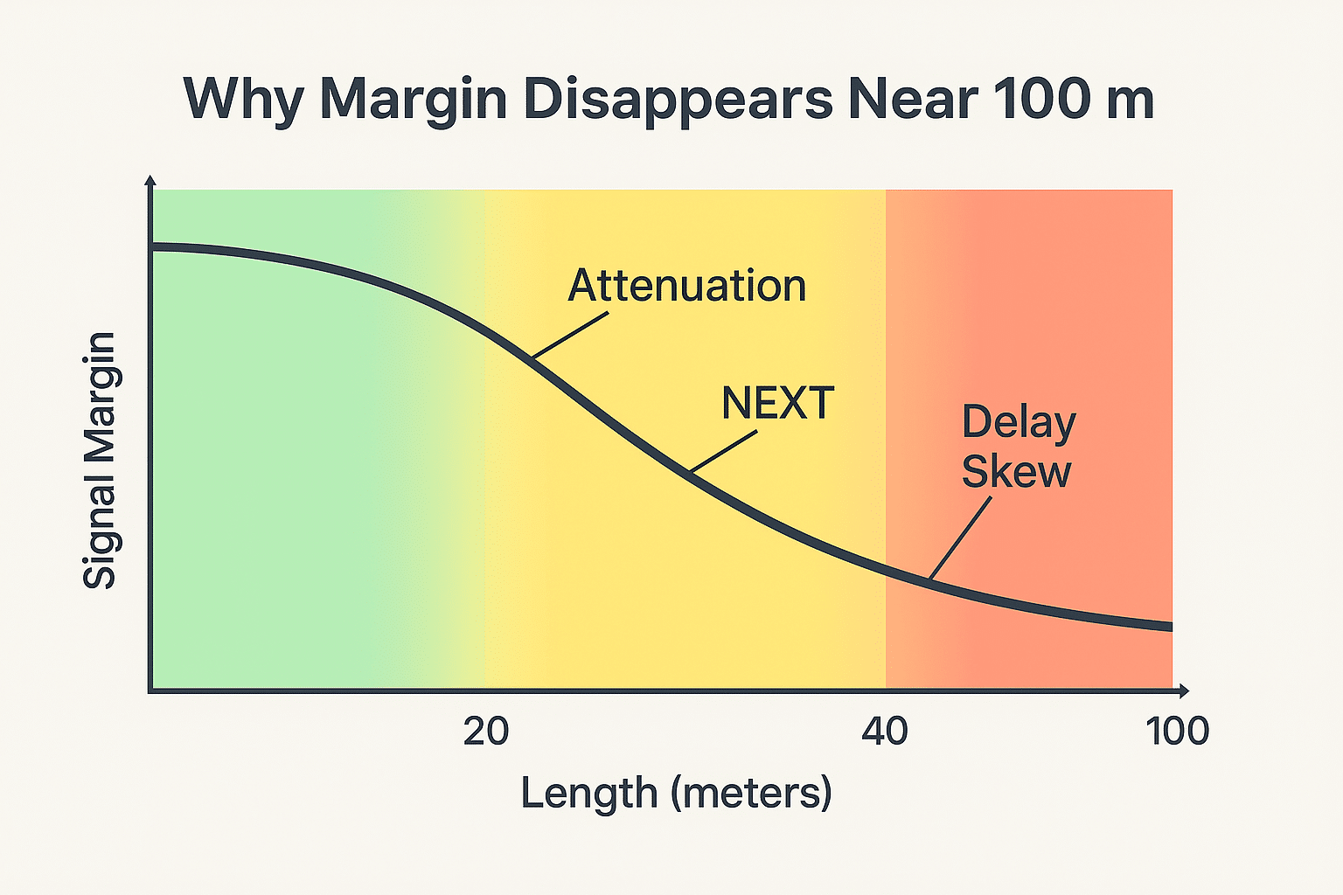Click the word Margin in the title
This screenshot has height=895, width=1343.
[x=413, y=101]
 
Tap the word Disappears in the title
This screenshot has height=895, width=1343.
[x=678, y=101]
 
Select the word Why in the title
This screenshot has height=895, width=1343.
[x=243, y=101]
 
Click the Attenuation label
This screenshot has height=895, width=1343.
[x=686, y=286]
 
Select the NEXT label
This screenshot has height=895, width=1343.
[x=777, y=404]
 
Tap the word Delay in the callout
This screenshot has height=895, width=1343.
[x=1019, y=424]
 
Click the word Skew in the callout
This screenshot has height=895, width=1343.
[x=1016, y=472]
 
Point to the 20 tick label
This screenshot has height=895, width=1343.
[x=486, y=732]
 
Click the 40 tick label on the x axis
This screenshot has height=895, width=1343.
[x=885, y=732]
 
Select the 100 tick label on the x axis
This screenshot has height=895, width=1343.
[x=1178, y=732]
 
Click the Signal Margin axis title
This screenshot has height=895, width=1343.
[x=100, y=461]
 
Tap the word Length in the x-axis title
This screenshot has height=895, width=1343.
[x=588, y=794]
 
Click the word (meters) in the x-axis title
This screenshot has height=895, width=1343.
[x=752, y=794]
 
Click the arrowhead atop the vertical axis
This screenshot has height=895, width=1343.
[x=150, y=180]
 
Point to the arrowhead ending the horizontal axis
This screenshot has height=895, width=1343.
[x=1184, y=690]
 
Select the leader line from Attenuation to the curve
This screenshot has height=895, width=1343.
[x=570, y=336]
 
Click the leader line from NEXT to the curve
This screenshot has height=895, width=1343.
[x=724, y=452]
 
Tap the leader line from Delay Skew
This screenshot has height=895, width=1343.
[x=961, y=538]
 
